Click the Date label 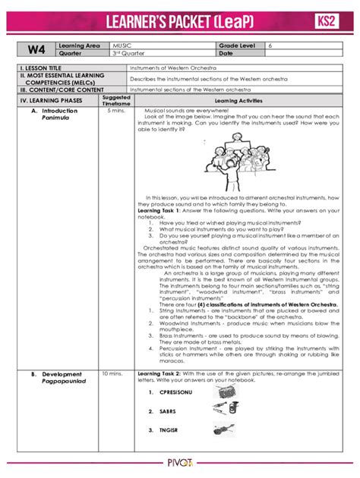tap(226, 54)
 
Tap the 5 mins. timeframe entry tap(115, 110)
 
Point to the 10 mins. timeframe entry tap(112, 374)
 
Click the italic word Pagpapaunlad tap(63, 382)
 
